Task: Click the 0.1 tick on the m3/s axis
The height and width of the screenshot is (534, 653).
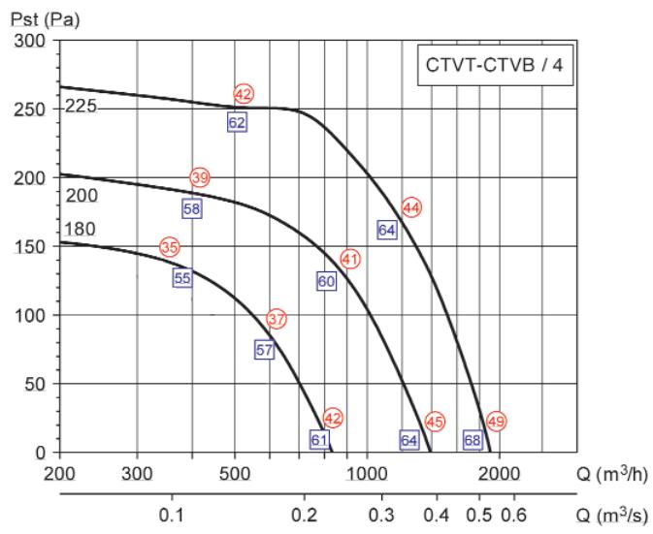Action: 171,513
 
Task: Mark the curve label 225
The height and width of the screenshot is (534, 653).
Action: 81,108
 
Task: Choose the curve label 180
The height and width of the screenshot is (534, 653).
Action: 81,230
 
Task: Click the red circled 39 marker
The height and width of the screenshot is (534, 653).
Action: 200,177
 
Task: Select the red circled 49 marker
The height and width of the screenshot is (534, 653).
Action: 498,421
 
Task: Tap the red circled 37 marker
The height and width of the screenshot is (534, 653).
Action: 277,318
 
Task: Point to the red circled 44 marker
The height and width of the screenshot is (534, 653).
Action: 411,206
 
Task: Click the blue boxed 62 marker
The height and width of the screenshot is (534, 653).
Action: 237,122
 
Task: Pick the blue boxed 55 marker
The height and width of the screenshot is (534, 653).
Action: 182,278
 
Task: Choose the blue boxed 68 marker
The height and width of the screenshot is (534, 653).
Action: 473,440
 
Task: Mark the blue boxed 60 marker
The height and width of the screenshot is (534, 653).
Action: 326,281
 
